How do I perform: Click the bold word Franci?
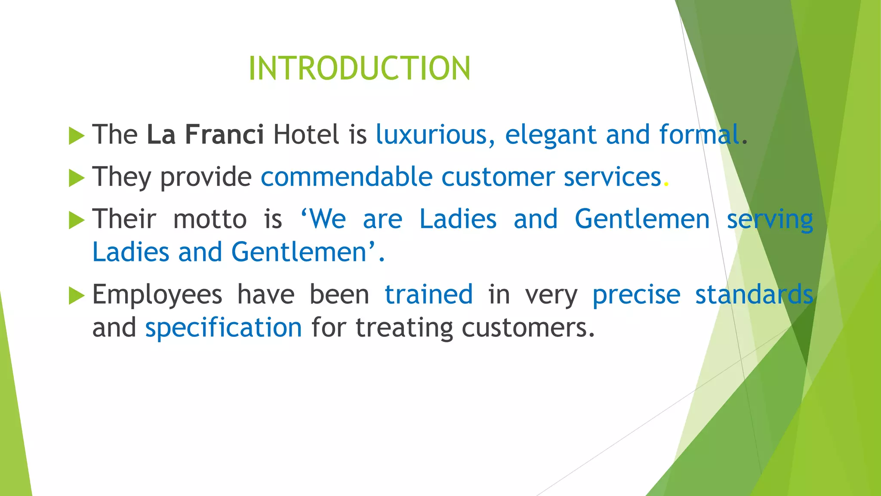(224, 134)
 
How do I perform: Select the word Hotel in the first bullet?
(306, 134)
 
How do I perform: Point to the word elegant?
(551, 135)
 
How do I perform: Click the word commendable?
(346, 177)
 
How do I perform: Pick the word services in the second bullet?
(612, 177)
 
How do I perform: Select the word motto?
(210, 219)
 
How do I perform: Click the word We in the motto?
(327, 219)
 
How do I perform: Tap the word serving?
(770, 220)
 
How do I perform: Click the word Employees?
(157, 295)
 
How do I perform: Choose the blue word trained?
(428, 294)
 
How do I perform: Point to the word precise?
(636, 295)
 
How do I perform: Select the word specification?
(224, 328)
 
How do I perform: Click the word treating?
(404, 328)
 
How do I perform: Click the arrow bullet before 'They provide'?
(77, 178)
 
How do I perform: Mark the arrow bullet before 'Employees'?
(77, 296)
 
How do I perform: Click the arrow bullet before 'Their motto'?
(77, 220)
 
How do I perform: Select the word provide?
(206, 177)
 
